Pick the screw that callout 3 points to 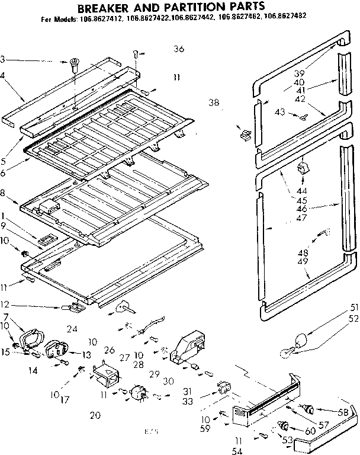click(x=75, y=63)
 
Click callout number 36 click(x=179, y=49)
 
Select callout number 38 click(x=214, y=102)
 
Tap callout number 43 click(x=280, y=112)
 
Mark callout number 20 click(x=94, y=415)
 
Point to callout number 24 click(x=73, y=329)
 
